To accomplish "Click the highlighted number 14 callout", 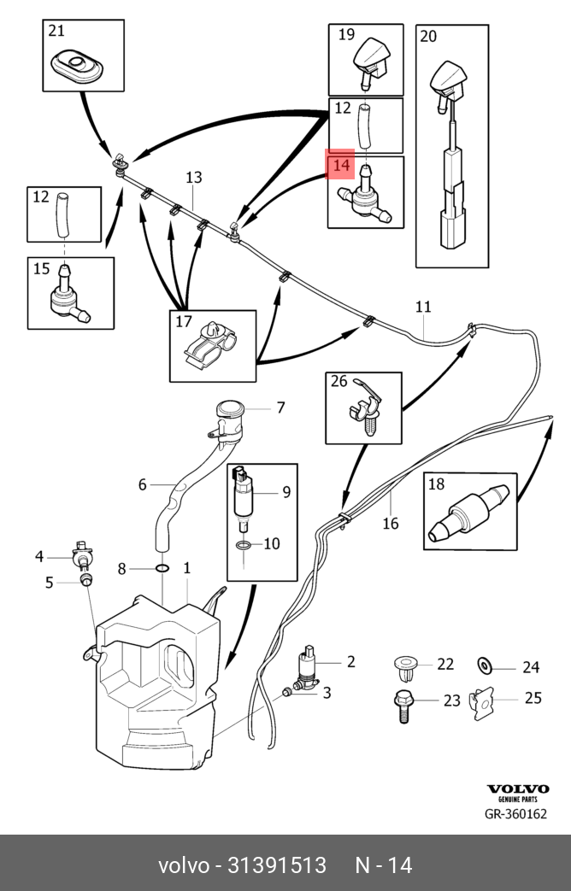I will point(342,164).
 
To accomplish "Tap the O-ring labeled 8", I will point(162,567).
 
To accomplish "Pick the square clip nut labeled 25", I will point(484,701).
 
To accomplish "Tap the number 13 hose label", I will point(194,178).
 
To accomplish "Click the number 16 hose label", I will point(391,523).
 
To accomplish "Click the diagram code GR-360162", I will point(515,814).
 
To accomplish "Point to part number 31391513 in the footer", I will point(276,865).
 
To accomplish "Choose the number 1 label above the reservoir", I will point(186,567).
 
